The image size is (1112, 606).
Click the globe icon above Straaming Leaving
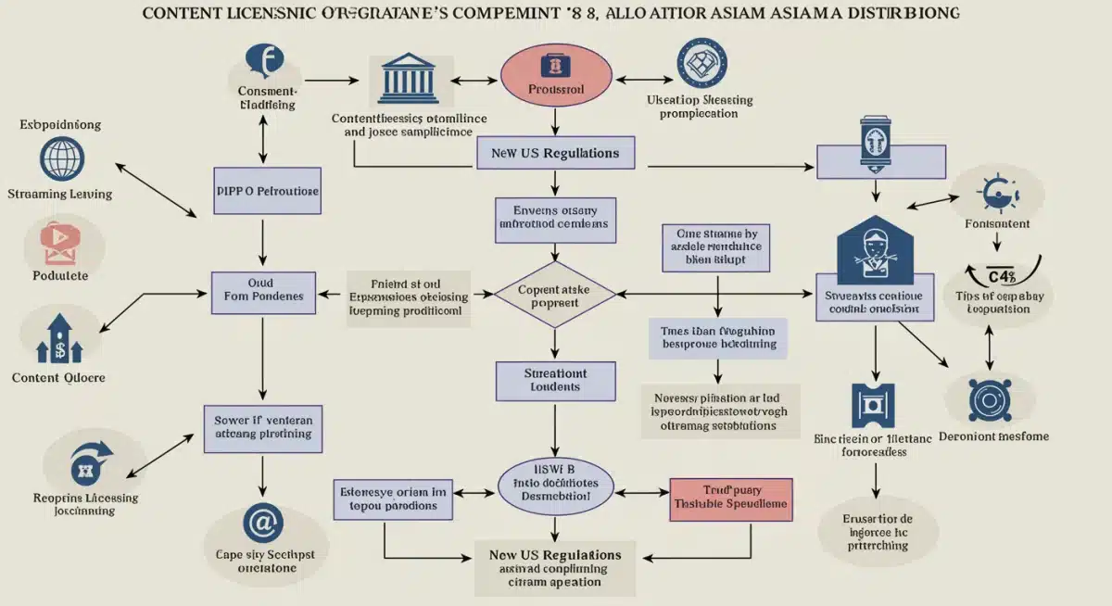(x=63, y=158)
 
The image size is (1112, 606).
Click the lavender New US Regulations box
(x=555, y=153)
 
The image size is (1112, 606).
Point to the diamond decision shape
(x=554, y=296)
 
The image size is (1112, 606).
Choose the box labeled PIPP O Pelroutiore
(x=267, y=191)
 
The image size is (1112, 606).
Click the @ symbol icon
(x=263, y=523)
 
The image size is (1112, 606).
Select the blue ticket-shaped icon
(x=871, y=406)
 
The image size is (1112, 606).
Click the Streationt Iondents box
(x=554, y=380)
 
